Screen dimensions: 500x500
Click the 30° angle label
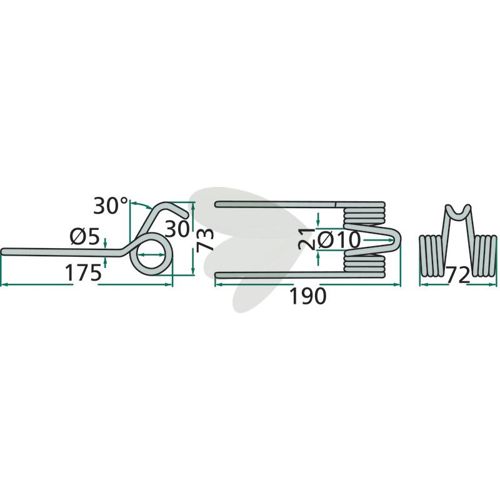(111, 206)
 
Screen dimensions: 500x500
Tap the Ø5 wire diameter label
(85, 237)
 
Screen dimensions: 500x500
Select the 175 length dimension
(83, 273)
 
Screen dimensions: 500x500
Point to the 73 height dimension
(205, 239)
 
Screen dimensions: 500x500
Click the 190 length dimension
(308, 296)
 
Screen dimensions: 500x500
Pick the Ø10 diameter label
(339, 240)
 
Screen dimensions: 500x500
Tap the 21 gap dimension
(307, 239)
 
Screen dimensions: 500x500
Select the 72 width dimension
(459, 275)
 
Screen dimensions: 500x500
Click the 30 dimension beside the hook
(178, 229)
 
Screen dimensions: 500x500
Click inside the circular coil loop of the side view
(150, 254)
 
